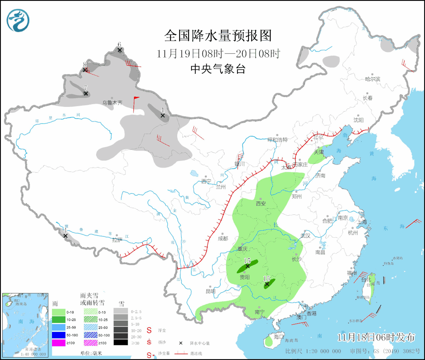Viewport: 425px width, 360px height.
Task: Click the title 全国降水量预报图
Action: [218, 36]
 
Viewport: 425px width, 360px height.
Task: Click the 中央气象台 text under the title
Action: [218, 69]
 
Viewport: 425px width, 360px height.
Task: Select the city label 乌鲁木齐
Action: [112, 103]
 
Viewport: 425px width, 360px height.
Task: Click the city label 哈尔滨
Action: [373, 79]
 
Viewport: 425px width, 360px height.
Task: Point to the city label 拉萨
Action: [117, 239]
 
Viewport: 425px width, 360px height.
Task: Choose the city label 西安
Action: [261, 203]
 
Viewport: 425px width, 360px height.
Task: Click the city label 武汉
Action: [305, 236]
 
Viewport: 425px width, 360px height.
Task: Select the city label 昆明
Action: [211, 291]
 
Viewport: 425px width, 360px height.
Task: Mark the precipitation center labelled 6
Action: [120, 50]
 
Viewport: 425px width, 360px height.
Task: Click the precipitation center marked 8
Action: [84, 70]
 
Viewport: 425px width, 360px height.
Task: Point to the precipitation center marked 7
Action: [86, 93]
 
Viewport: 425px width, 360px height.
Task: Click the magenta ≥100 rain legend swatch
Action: [58, 343]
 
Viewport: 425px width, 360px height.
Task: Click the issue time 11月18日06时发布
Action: [376, 337]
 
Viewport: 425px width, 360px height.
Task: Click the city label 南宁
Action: [260, 312]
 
